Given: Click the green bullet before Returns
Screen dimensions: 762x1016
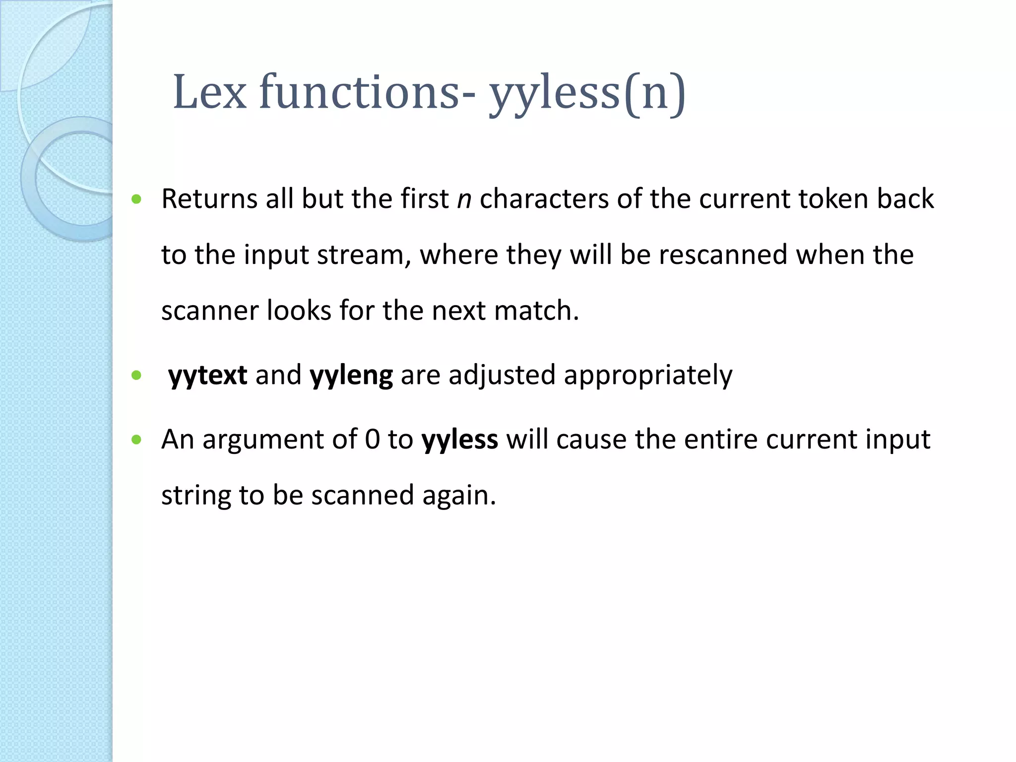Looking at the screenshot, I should click(137, 200).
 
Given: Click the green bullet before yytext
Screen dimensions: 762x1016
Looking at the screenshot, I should click(137, 376).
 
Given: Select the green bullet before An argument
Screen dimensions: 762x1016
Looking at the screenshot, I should click(137, 440).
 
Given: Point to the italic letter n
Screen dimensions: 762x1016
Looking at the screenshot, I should click(464, 200).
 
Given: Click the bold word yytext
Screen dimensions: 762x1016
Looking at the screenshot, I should click(207, 376).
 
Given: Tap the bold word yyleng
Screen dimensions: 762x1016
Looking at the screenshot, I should click(351, 376).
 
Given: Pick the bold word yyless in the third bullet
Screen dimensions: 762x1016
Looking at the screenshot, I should click(459, 440).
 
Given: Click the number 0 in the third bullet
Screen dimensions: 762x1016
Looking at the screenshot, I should click(372, 440).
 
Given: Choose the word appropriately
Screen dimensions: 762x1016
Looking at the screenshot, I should click(647, 376).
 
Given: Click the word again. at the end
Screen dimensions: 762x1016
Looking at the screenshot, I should click(459, 496).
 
